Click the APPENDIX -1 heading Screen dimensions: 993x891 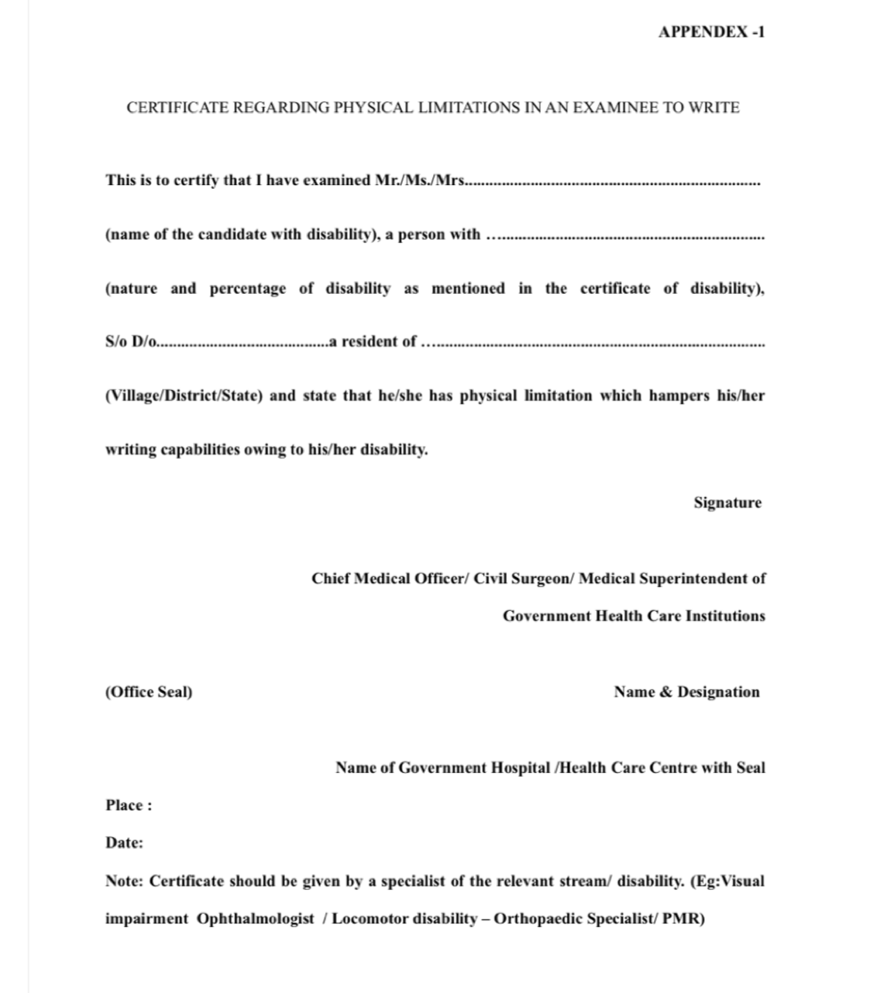coord(711,32)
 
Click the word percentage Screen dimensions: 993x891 coord(248,289)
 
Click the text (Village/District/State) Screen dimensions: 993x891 coord(184,395)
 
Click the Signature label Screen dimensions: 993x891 coord(728,502)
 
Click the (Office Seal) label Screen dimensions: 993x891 coord(148,692)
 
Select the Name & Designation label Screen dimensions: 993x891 coord(686,692)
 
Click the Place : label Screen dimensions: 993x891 coord(128,805)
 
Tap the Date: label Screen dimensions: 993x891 coord(124,842)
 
